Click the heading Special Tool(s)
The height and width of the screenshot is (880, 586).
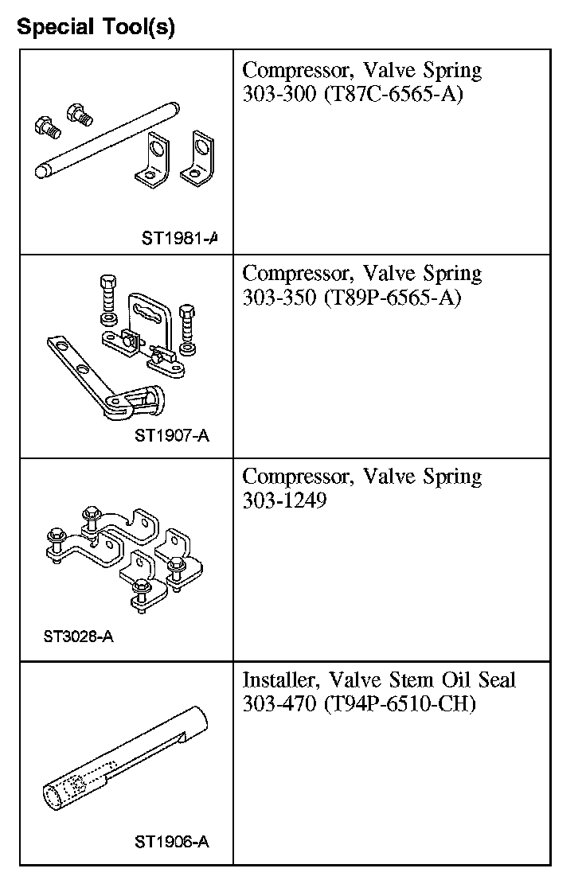coord(96,27)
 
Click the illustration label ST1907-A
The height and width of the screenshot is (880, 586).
coord(172,435)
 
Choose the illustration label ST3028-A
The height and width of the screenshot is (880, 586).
coord(79,637)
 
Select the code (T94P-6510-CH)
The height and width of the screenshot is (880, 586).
coord(400,706)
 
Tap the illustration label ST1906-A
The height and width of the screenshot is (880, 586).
coord(172,842)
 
